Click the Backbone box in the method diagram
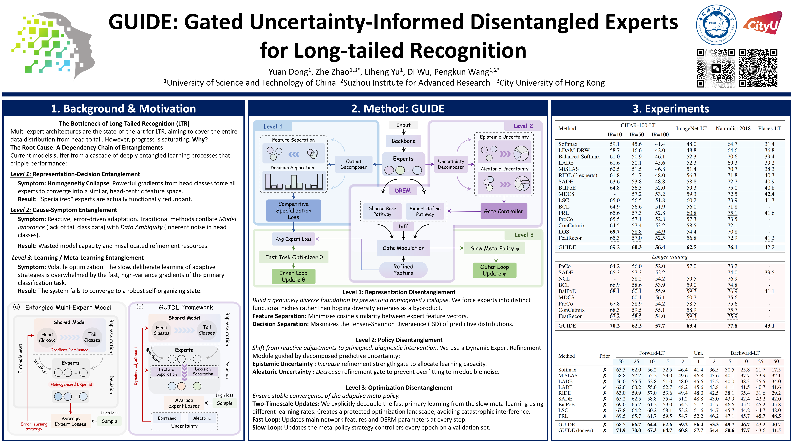click(x=403, y=141)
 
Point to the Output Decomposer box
click(x=354, y=164)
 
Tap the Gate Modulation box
click(x=403, y=248)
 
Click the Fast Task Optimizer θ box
click(x=294, y=257)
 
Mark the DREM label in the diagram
click(x=403, y=190)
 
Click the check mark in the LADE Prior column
click(x=604, y=387)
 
